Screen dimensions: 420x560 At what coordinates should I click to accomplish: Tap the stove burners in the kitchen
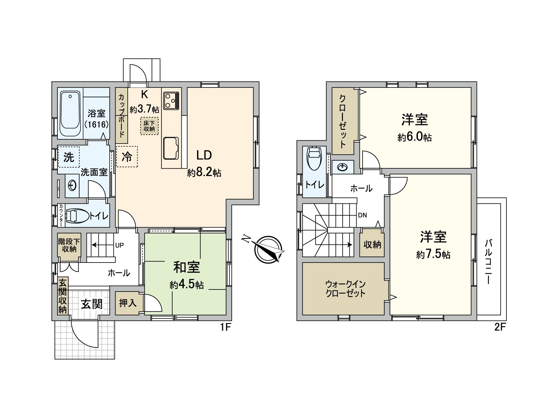pos(171,100)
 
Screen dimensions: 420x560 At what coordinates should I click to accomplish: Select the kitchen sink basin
pos(171,148)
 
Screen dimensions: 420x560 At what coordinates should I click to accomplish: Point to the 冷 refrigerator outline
pos(127,156)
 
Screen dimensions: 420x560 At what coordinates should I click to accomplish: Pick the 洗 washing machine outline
pos(69,157)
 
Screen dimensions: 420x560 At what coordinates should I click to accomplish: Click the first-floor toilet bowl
pos(77,216)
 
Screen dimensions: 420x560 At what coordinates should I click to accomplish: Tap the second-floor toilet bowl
pos(314,158)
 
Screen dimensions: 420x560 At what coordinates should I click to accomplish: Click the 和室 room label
pos(187,267)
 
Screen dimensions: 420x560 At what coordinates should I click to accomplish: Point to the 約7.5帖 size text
pos(433,254)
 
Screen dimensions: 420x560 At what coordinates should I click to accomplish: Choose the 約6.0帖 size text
pos(414,137)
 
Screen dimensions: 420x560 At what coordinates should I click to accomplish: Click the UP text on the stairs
pos(119,245)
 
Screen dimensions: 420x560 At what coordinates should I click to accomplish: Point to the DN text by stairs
pos(362,215)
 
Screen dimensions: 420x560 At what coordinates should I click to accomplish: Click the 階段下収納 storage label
pos(69,245)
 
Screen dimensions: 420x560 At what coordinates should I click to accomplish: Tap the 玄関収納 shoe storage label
pos(63,296)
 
